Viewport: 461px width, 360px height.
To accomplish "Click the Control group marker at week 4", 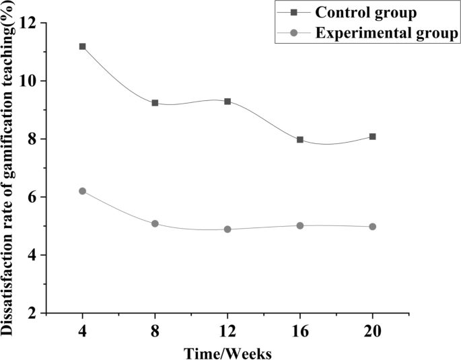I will (82, 46).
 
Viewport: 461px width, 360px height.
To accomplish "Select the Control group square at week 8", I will (155, 103).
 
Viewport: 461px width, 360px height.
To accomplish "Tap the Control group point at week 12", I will (227, 102).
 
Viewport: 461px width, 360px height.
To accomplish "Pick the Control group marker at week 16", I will (300, 140).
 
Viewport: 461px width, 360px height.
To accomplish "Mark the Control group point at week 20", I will (373, 137).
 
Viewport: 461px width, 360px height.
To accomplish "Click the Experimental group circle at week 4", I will (82, 191).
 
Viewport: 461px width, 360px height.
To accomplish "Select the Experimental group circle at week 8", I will (155, 223).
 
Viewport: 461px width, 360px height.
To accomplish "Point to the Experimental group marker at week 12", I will (227, 229).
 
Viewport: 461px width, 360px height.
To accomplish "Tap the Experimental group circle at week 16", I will (300, 225).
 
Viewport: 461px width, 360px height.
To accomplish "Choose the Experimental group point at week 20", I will (373, 227).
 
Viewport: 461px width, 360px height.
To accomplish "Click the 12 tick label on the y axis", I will (28, 23).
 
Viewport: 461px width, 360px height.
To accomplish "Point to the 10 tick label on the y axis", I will (28, 81).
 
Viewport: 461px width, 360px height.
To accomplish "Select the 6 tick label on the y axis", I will (32, 197).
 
